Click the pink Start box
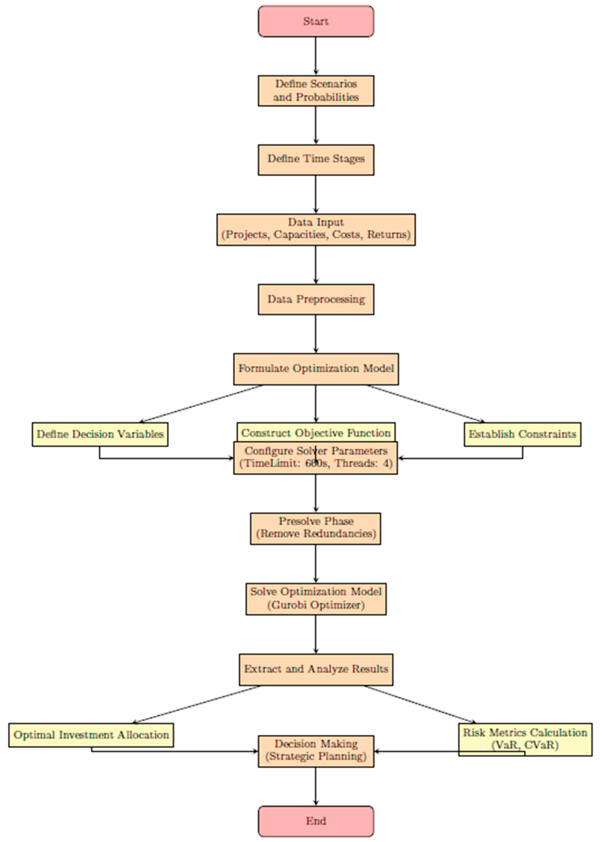pyautogui.click(x=316, y=21)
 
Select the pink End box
pyautogui.click(x=316, y=821)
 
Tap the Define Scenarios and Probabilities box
pyautogui.click(x=316, y=91)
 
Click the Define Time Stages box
pyautogui.click(x=316, y=160)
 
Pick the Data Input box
pyautogui.click(x=316, y=229)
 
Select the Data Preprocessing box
pyautogui.click(x=316, y=299)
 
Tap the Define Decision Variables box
pyautogui.click(x=100, y=434)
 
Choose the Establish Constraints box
pyautogui.click(x=522, y=434)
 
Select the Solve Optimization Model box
pyautogui.click(x=316, y=599)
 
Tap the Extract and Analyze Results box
pyautogui.click(x=316, y=669)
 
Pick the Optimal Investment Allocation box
pyautogui.click(x=91, y=735)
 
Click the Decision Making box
pyautogui.click(x=316, y=751)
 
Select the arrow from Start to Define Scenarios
pyautogui.click(x=316, y=56)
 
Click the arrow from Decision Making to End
pyautogui.click(x=316, y=786)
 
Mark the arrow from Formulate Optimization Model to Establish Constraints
pyautogui.click(x=426, y=403)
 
